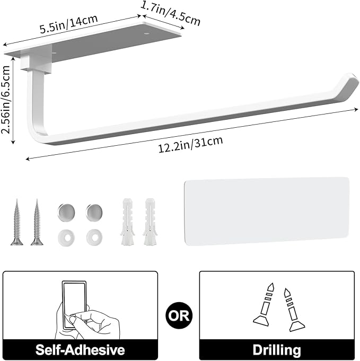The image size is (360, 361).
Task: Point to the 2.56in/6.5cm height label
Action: point(7,101)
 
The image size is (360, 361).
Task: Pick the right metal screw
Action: point(37,222)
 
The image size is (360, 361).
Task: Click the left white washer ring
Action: point(64,236)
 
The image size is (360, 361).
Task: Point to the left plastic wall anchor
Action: point(127,222)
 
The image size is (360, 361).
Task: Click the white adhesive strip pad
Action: point(266,211)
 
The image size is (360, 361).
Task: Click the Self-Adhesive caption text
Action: point(80,349)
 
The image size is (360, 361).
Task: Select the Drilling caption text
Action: point(276,349)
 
